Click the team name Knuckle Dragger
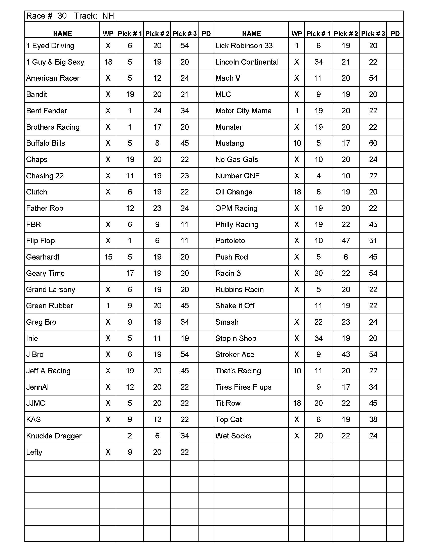click(54, 436)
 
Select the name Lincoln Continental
click(247, 62)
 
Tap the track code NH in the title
click(108, 16)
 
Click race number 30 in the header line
click(62, 16)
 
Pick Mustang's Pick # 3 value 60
click(373, 143)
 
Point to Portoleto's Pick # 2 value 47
click(345, 241)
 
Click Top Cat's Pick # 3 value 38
click(373, 420)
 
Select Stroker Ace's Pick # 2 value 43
click(345, 355)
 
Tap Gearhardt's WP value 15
click(108, 257)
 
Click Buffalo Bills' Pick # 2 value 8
click(157, 143)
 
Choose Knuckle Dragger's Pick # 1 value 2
click(130, 436)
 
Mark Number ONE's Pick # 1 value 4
click(319, 176)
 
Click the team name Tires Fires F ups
click(243, 387)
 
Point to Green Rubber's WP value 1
click(108, 306)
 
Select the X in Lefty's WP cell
click(108, 452)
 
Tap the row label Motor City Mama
click(243, 111)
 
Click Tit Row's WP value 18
click(297, 403)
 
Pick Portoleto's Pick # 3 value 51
click(373, 241)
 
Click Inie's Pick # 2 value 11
click(157, 338)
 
